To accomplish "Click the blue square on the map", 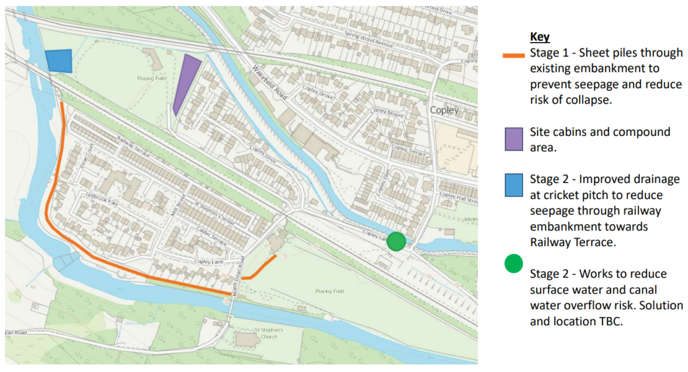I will pyautogui.click(x=59, y=61).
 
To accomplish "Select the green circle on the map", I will pyautogui.click(x=396, y=241).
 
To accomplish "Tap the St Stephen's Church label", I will pyautogui.click(x=265, y=334).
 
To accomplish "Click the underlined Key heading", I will pyautogui.click(x=540, y=37).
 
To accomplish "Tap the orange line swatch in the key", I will pyautogui.click(x=514, y=55).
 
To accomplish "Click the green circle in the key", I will pyautogui.click(x=514, y=263).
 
